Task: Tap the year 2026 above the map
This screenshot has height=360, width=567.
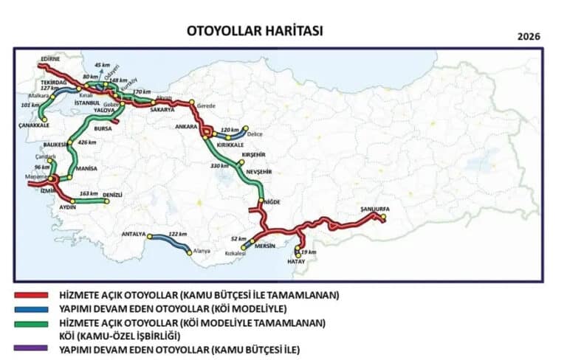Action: pos(529,36)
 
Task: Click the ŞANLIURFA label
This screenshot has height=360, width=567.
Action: pos(374,210)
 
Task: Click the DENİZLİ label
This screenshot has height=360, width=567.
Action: pos(113,195)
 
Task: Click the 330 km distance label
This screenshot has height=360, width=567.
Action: pos(220,166)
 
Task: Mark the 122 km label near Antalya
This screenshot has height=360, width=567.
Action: pos(179,234)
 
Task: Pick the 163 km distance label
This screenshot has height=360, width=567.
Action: pos(88,193)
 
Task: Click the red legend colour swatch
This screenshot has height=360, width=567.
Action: pos(32,294)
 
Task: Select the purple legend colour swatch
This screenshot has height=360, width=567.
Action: pos(32,349)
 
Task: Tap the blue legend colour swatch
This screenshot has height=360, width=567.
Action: pos(32,308)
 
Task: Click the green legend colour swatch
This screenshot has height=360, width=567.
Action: pos(32,322)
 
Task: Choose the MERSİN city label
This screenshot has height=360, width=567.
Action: pos(264,246)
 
